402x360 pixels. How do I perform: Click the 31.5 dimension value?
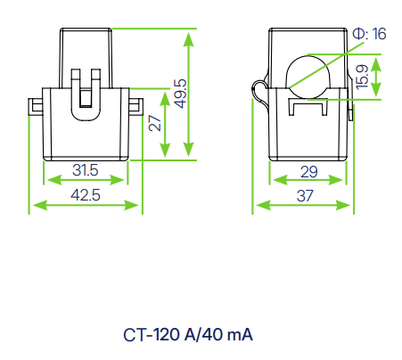pos(86,170)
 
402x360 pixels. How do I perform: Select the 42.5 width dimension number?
pos(86,195)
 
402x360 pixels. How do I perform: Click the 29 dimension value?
pos(309,170)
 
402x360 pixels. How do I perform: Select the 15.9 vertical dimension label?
pos(363,78)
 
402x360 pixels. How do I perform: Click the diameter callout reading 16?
pos(368,34)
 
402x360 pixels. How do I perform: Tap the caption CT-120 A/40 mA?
pos(188,336)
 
